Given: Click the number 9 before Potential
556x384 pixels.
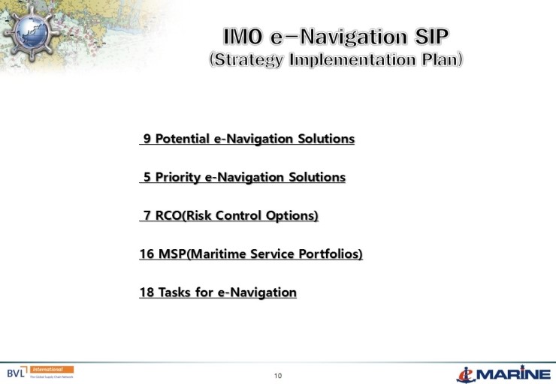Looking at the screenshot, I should coord(147,139).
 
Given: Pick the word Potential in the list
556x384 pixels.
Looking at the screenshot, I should coord(183,139).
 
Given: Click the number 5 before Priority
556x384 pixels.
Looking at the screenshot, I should coord(147,177).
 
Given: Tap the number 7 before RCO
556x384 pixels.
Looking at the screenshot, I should coord(147,216).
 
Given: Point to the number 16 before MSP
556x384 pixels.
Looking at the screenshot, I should coord(147,254).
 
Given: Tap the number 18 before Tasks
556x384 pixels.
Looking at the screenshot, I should coord(147,292).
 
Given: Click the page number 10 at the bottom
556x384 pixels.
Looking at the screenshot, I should coord(278,375).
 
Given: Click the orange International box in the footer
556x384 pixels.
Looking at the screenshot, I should coord(51,369).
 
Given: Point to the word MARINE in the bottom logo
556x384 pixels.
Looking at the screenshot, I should coord(515,373).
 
